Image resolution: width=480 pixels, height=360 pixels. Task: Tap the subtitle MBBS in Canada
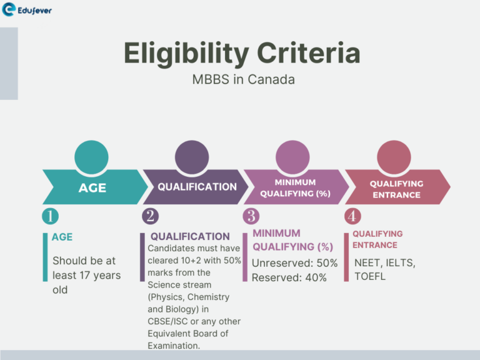pos(243,80)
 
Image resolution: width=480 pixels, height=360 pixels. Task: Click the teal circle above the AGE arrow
pos(91,157)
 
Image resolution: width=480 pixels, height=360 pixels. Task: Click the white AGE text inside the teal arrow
pos(92,187)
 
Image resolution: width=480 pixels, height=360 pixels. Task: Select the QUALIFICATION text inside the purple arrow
pos(197,186)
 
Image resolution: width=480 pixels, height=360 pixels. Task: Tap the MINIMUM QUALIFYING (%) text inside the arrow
pos(295,187)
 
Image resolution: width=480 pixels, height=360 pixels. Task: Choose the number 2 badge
pos(151,216)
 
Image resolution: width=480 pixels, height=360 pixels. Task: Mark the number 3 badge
pos(251,216)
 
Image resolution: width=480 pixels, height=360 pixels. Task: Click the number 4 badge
pos(352,216)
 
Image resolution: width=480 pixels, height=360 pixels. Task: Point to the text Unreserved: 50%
pos(294,263)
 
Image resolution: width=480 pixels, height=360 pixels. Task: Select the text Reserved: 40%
pos(289,277)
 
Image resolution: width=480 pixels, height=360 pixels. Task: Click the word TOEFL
pos(370,276)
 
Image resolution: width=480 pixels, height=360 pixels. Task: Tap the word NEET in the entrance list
pos(367,262)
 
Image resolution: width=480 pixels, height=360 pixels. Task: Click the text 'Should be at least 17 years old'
pos(86,275)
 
